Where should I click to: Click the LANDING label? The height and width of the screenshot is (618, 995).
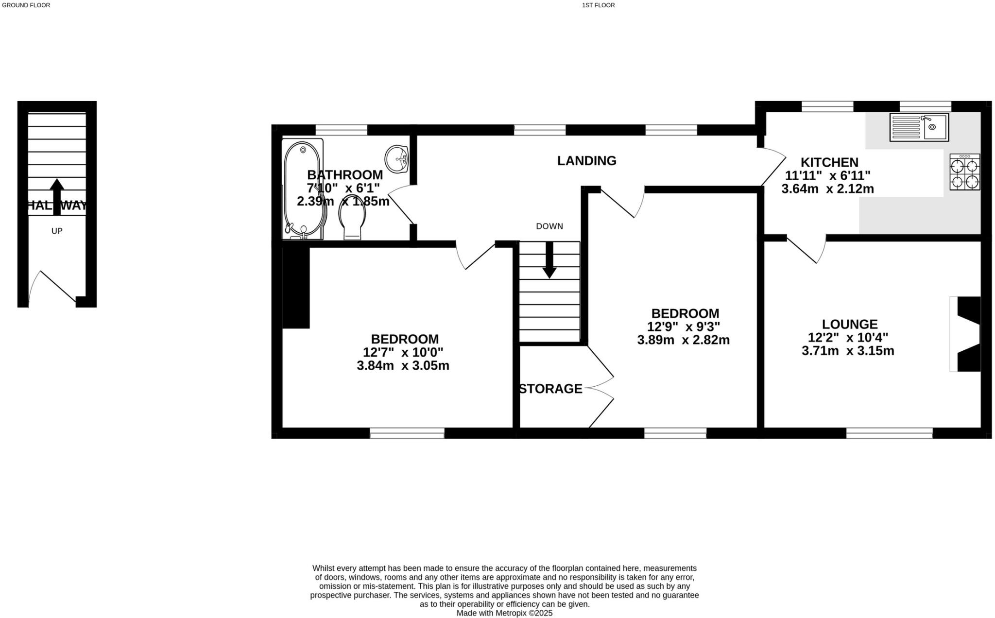tap(586, 161)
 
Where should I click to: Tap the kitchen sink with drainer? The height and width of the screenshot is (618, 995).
tap(919, 127)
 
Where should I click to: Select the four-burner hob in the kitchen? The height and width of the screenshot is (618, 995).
tap(965, 172)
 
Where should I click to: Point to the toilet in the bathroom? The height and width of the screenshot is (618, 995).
tap(353, 221)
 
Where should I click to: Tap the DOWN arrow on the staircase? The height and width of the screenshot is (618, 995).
tap(549, 260)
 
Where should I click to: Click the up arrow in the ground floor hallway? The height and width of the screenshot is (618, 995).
tap(57, 197)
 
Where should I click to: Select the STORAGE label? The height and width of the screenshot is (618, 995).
tap(550, 389)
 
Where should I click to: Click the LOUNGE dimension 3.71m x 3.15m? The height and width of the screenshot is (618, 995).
tap(848, 351)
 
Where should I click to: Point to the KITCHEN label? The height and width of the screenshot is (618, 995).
tap(829, 162)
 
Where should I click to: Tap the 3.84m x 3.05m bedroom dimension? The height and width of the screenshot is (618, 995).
tap(403, 366)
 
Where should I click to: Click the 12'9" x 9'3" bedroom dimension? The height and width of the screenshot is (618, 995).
tap(684, 326)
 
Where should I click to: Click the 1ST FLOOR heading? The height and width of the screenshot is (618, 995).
tap(598, 5)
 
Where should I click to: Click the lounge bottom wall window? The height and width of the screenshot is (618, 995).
tap(889, 433)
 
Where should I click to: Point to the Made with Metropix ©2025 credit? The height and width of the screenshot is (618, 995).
tap(504, 613)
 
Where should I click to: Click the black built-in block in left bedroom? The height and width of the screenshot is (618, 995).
tap(296, 287)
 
